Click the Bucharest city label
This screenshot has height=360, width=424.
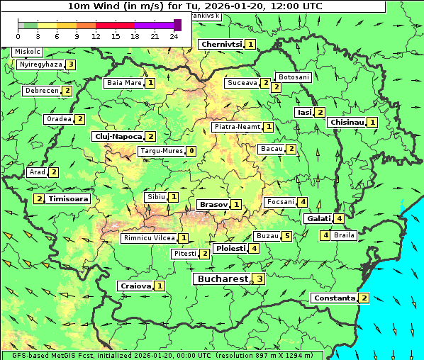click(x=223, y=279)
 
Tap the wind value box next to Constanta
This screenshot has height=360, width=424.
click(x=364, y=298)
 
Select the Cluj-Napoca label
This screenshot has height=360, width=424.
click(x=117, y=136)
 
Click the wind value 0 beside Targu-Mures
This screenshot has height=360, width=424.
click(x=191, y=151)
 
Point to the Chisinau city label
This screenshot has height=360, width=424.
click(x=347, y=123)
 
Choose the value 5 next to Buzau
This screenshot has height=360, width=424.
click(x=287, y=236)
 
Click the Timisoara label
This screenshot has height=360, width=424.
click(x=69, y=199)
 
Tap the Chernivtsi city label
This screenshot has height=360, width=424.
click(x=221, y=44)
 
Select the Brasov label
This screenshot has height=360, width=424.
click(x=213, y=205)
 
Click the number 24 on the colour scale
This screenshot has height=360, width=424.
click(x=174, y=36)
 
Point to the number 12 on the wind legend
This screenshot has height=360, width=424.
click(x=96, y=36)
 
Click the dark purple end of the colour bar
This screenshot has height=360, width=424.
click(x=177, y=25)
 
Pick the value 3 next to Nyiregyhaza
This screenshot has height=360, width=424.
click(x=71, y=64)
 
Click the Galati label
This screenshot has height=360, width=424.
click(x=318, y=219)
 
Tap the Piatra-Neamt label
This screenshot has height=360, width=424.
click(x=238, y=127)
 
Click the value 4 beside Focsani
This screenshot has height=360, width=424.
click(x=303, y=202)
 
